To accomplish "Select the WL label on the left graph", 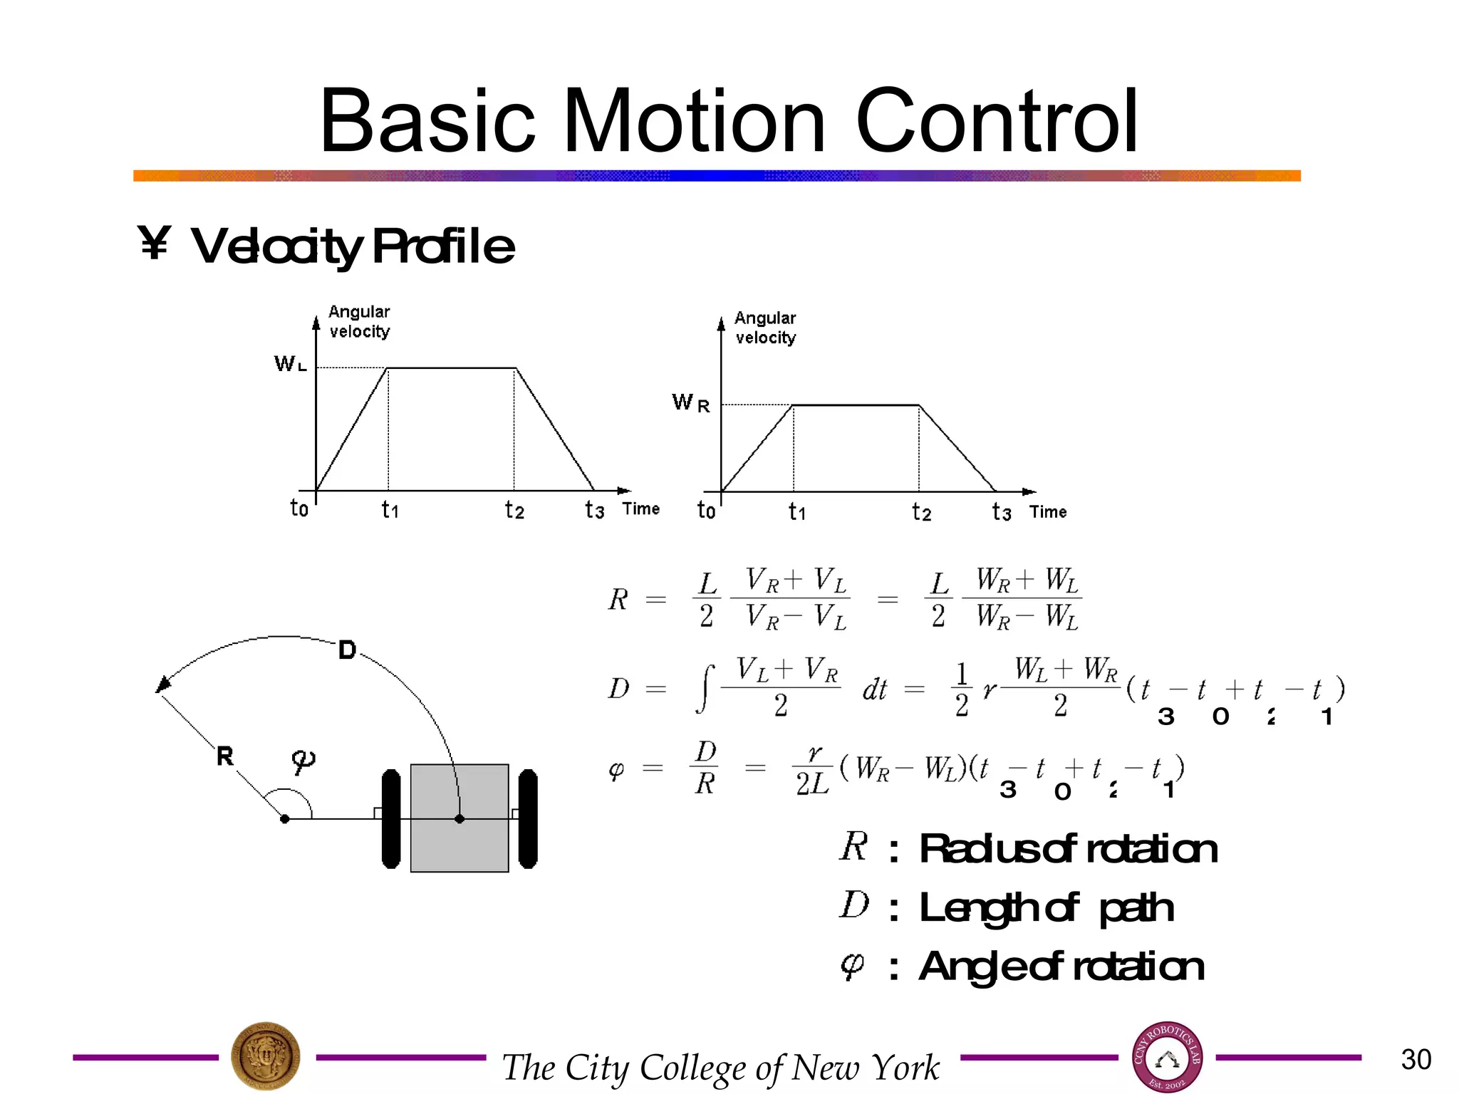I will click(x=290, y=365).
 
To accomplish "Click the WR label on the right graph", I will click(x=690, y=403).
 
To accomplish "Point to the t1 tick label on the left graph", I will click(x=390, y=510).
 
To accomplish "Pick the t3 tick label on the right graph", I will click(x=1001, y=512).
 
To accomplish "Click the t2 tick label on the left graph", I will click(x=514, y=510).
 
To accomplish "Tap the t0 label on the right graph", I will click(x=706, y=511).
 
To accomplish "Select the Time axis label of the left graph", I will click(x=641, y=509).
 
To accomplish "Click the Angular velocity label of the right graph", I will click(x=765, y=328).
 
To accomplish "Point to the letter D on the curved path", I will click(x=347, y=650).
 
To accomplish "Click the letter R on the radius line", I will click(x=225, y=756).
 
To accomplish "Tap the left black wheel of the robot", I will click(x=391, y=819).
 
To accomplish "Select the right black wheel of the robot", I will click(x=528, y=819).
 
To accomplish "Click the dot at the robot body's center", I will click(x=459, y=819).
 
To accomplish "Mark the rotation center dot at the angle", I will click(x=285, y=819).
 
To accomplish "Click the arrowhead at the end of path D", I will click(x=163, y=684).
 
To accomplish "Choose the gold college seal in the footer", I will click(x=266, y=1056).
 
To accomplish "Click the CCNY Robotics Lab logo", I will click(x=1167, y=1058).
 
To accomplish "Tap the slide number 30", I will click(x=1416, y=1059).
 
